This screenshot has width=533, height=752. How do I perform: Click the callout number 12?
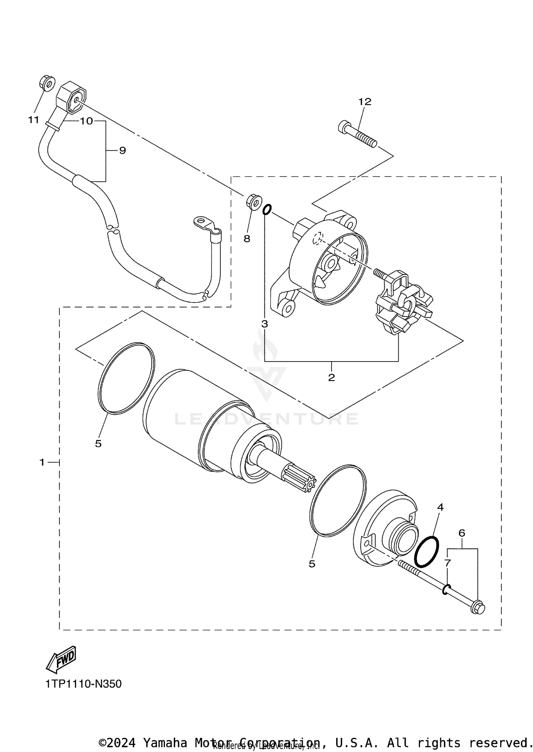click(365, 102)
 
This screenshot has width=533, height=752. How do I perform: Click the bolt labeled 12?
click(357, 135)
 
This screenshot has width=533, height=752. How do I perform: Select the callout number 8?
click(247, 239)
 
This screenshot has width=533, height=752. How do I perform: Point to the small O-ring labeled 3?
click(267, 209)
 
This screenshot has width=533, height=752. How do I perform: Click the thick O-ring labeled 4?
click(427, 551)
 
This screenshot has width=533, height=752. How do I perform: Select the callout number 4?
click(440, 507)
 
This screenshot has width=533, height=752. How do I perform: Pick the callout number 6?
click(462, 533)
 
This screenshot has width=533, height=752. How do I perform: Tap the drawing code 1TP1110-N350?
click(84, 684)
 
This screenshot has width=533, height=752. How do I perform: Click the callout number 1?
click(42, 462)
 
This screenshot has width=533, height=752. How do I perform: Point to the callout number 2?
click(331, 378)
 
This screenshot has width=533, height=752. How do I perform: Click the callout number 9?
click(122, 151)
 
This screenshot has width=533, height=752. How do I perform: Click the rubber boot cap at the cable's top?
click(72, 97)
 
